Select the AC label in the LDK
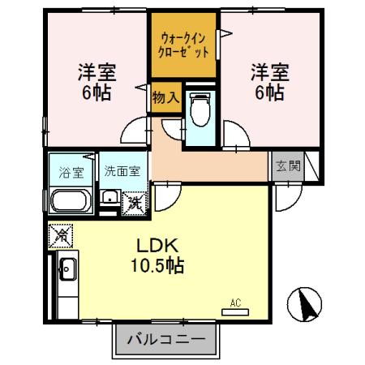click(236, 303)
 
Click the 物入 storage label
click(165, 97)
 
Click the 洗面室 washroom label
click(122, 171)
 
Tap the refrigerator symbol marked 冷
click(60, 236)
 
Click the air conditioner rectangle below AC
click(236, 311)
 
